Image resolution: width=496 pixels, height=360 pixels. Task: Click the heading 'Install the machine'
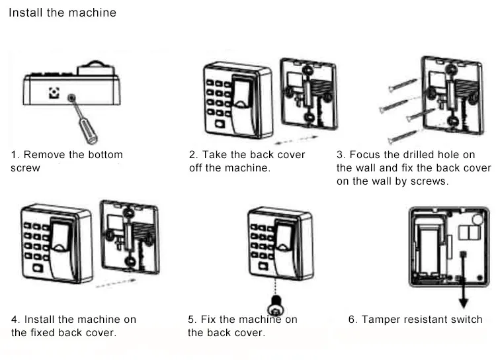pos(63,13)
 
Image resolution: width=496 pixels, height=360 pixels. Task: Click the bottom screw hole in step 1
pos(72,97)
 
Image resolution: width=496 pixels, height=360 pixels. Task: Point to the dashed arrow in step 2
pos(296,140)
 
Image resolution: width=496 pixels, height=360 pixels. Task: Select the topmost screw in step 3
pos(403,85)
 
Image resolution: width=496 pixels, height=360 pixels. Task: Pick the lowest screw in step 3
pos(403,137)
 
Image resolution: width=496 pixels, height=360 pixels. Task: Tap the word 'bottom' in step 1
pos(105,154)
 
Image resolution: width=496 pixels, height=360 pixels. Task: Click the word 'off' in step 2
pos(196,168)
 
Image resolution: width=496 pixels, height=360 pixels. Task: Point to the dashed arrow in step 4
pos(116,283)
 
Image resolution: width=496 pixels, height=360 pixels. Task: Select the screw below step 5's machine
pos(276,306)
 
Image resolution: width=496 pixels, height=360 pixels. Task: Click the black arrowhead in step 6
pos(464,302)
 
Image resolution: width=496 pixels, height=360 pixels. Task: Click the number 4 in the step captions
pos(15,319)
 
